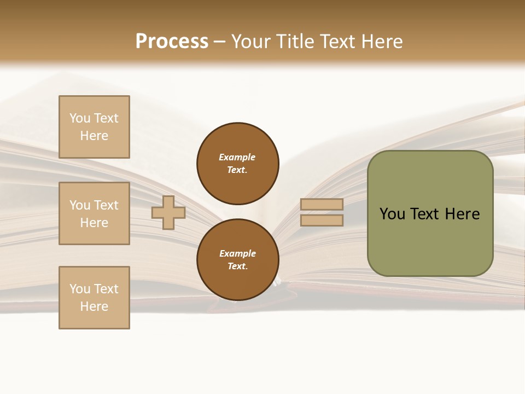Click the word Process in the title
[x=172, y=42]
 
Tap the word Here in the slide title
[x=381, y=42]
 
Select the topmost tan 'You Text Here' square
[x=94, y=127]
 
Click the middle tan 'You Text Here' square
[x=94, y=213]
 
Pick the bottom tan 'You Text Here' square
[x=94, y=298]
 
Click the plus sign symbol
[x=168, y=212]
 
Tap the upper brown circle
[x=237, y=163]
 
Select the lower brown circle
[x=237, y=259]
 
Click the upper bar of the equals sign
[x=322, y=204]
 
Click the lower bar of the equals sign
[x=322, y=220]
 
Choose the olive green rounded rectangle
[x=430, y=241]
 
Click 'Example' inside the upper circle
[x=237, y=157]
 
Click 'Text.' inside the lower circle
[x=237, y=266]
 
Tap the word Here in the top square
[x=94, y=136]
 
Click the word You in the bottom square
[x=80, y=289]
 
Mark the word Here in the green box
[x=462, y=214]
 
